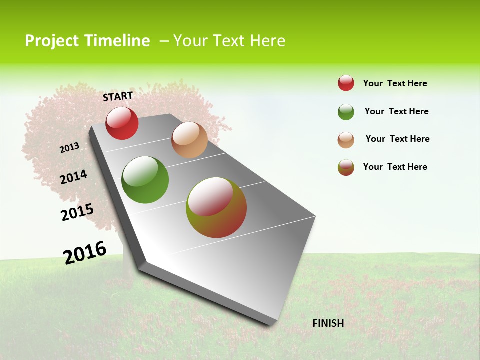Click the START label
pos(118,96)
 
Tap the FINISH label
pos(328,323)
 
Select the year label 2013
pos(69,147)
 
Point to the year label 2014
pos(73,177)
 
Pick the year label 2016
pos(85,253)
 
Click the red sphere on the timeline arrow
pos(122,123)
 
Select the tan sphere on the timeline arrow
pos(189,140)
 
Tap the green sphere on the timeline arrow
pos(145,180)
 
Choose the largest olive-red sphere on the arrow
pos(216,207)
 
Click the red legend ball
pos(346,83)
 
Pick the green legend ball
pos(346,112)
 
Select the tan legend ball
pos(346,139)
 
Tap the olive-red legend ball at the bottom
pos(346,167)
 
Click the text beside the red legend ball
pos(395,83)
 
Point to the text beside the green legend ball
pos(396,111)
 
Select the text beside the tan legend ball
pos(397,139)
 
